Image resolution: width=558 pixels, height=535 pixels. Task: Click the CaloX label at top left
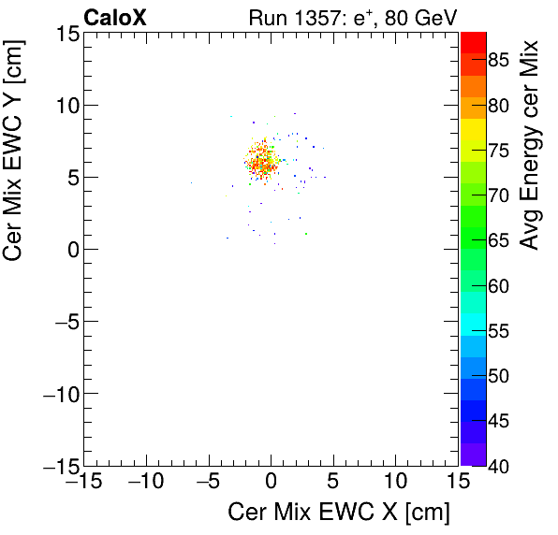pos(115,17)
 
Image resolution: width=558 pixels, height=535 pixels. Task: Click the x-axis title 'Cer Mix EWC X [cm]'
pos(339,513)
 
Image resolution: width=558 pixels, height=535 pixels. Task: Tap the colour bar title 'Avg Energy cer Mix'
pos(530,145)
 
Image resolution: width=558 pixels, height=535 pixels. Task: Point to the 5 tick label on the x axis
pos(334,484)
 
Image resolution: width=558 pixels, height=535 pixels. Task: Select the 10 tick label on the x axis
pos(396,484)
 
